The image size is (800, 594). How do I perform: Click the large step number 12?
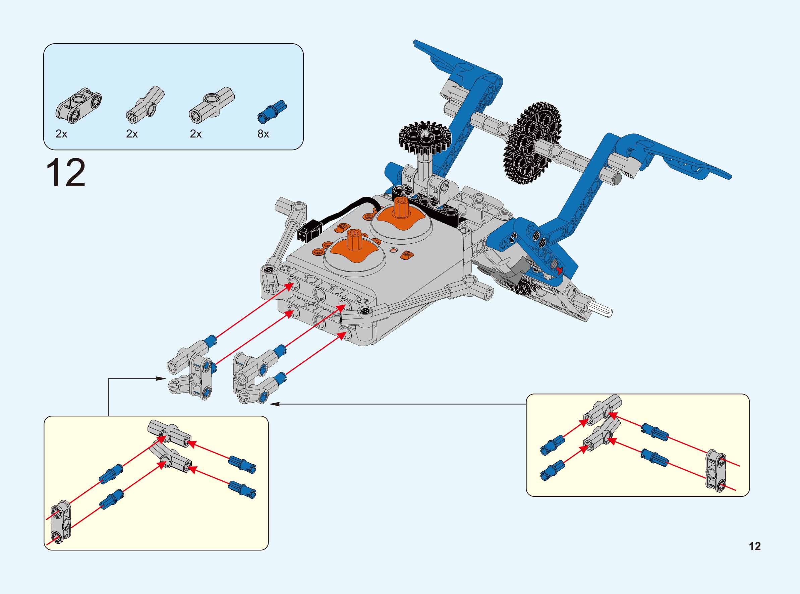coord(66,173)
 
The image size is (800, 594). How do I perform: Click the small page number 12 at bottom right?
coord(755,556)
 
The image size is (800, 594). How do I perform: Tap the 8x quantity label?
coord(263,134)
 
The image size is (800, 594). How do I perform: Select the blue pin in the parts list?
coord(272,111)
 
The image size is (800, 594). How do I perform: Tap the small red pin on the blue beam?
coord(559,270)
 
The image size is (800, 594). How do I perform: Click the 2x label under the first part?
coord(61,134)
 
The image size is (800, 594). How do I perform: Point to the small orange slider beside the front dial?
coord(405,254)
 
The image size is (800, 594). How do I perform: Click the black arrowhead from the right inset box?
coord(275,404)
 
